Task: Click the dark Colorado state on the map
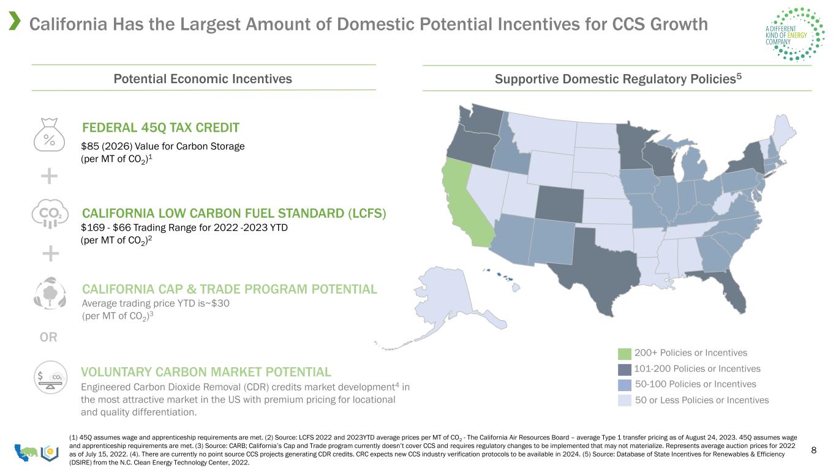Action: tap(559, 202)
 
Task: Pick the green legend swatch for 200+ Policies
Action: tap(624, 353)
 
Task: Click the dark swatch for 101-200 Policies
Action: tap(624, 369)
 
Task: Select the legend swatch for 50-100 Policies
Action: tap(624, 385)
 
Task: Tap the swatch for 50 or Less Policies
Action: tap(624, 400)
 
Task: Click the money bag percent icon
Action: tap(49, 135)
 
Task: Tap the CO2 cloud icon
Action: tap(50, 214)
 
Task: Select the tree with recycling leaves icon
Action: tap(50, 293)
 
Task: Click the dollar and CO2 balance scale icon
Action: tap(50, 377)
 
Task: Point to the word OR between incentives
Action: tap(48, 337)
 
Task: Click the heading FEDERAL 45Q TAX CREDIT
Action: tap(160, 127)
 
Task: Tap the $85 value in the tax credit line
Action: tap(89, 146)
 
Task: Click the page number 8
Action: tap(814, 450)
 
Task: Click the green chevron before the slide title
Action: tap(15, 21)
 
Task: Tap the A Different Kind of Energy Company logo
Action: tap(795, 34)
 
